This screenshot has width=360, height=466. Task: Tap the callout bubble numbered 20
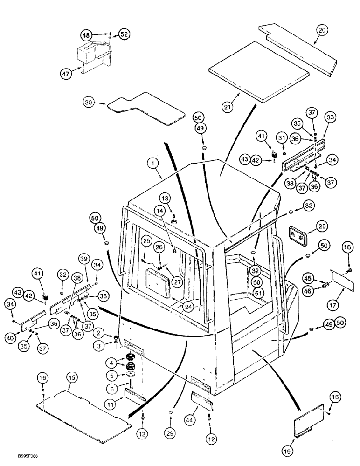322,31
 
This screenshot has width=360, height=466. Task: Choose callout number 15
71,376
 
